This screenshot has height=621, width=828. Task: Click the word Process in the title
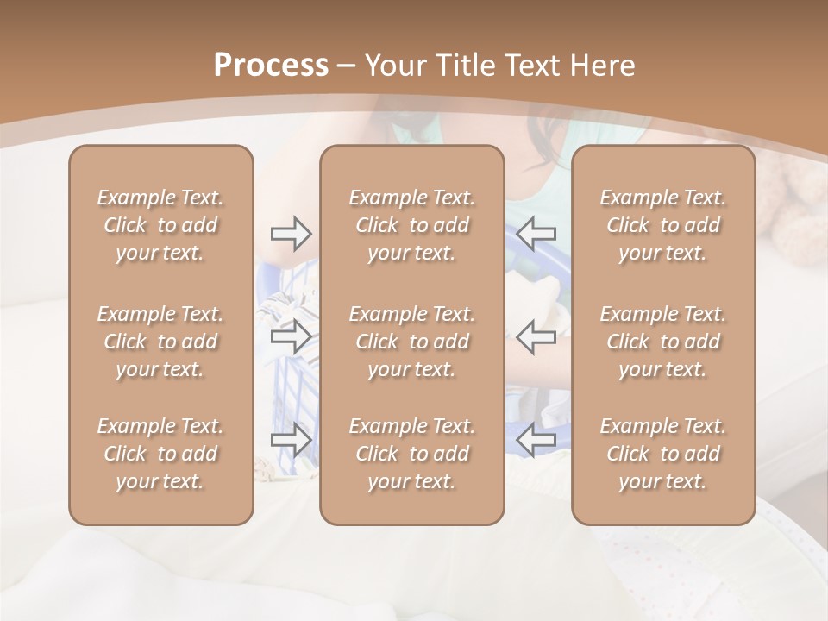pos(271,66)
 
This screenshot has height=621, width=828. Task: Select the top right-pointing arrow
pos(291,233)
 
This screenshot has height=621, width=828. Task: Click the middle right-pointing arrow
pos(291,336)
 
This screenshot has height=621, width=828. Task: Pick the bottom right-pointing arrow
pos(291,440)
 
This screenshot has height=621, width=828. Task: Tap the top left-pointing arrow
pos(536,233)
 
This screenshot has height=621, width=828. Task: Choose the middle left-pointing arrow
pos(536,336)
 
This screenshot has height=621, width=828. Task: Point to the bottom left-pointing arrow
pos(536,440)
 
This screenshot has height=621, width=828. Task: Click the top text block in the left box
pos(160,225)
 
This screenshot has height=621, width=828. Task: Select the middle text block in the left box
pos(160,342)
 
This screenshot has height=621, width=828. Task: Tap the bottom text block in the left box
pos(160,454)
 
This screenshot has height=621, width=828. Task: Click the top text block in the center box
pos(411,225)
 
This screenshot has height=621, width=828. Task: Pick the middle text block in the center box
pos(411,342)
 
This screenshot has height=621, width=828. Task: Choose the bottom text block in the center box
pos(411,454)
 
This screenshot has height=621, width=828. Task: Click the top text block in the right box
pos(662,225)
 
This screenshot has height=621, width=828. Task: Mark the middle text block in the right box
pos(662,342)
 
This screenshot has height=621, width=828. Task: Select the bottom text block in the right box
pos(662,454)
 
